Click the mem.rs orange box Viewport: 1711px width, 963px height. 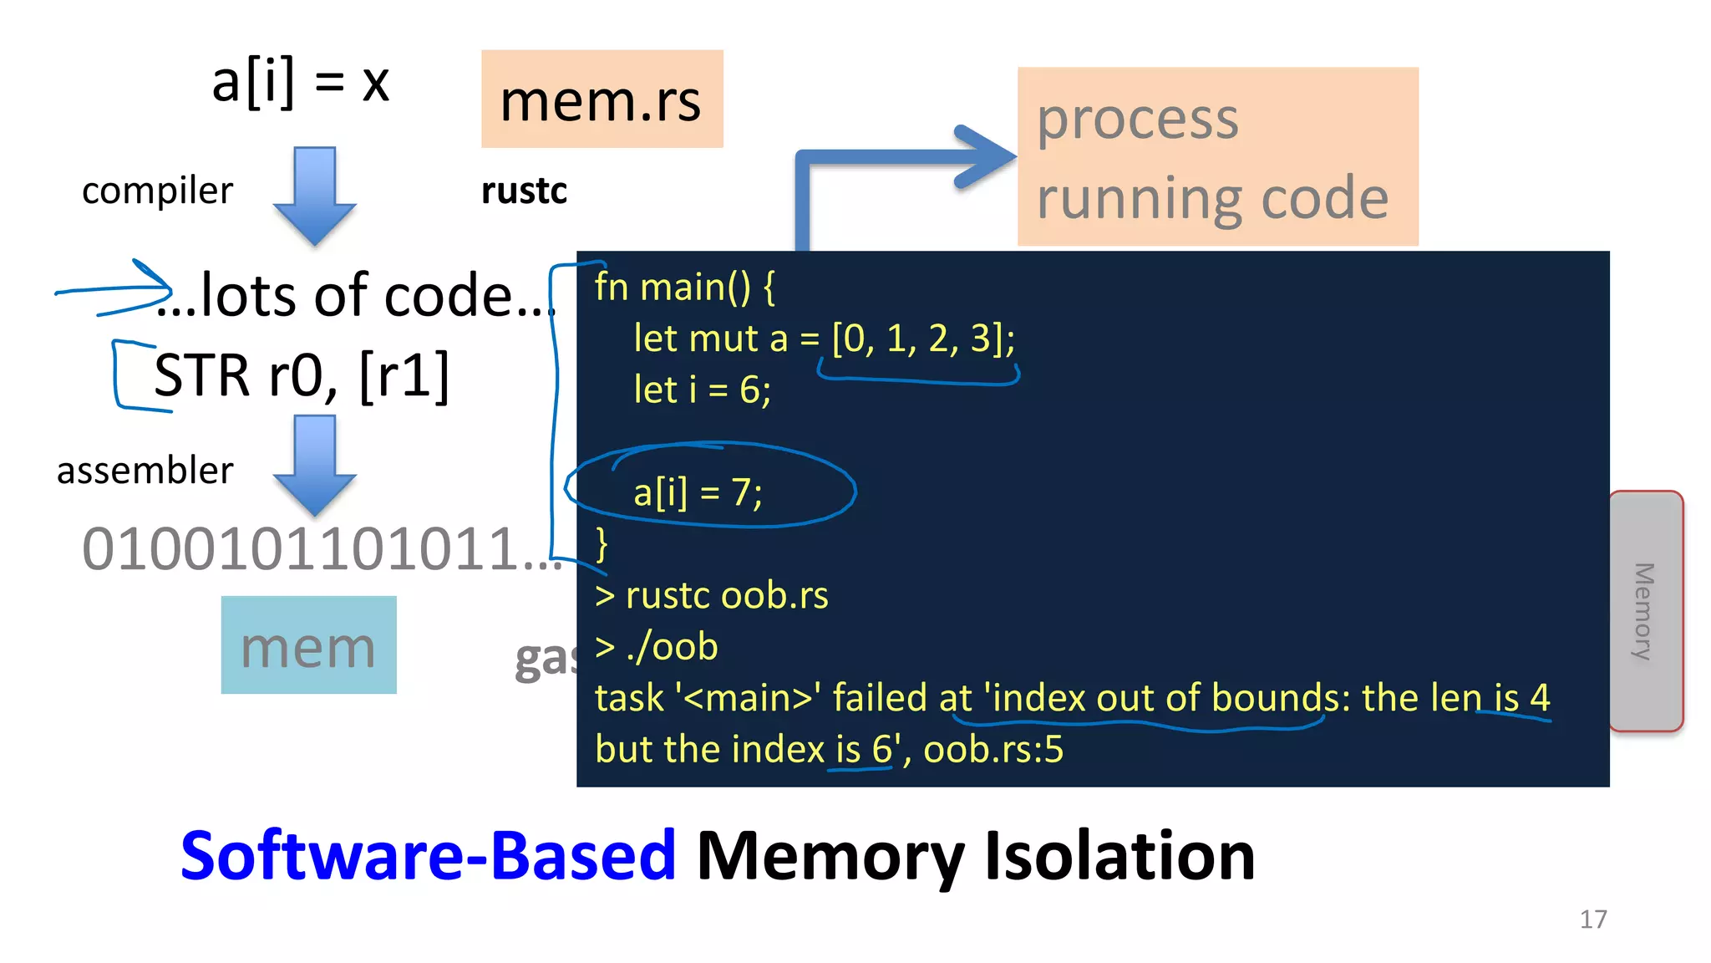click(x=602, y=99)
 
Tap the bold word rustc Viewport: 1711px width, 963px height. click(x=524, y=191)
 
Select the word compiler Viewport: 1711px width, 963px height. click(x=157, y=191)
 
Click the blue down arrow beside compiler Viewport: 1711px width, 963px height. click(x=314, y=196)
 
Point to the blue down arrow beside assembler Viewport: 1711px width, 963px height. click(x=314, y=465)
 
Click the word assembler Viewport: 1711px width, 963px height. click(x=145, y=470)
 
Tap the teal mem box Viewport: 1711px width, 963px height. click(x=308, y=645)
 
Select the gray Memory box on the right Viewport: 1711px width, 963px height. click(x=1645, y=610)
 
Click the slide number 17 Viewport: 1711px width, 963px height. click(x=1592, y=919)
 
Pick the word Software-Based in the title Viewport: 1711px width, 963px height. click(x=428, y=856)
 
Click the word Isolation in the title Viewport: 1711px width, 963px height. click(x=1120, y=856)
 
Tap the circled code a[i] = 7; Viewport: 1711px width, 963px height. click(x=698, y=492)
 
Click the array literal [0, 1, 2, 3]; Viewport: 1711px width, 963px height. click(x=922, y=339)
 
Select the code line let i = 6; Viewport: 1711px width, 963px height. click(x=702, y=390)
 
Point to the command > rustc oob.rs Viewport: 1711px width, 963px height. click(x=712, y=595)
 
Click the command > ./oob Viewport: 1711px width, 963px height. click(x=657, y=646)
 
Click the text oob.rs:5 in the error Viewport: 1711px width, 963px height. click(x=993, y=749)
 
